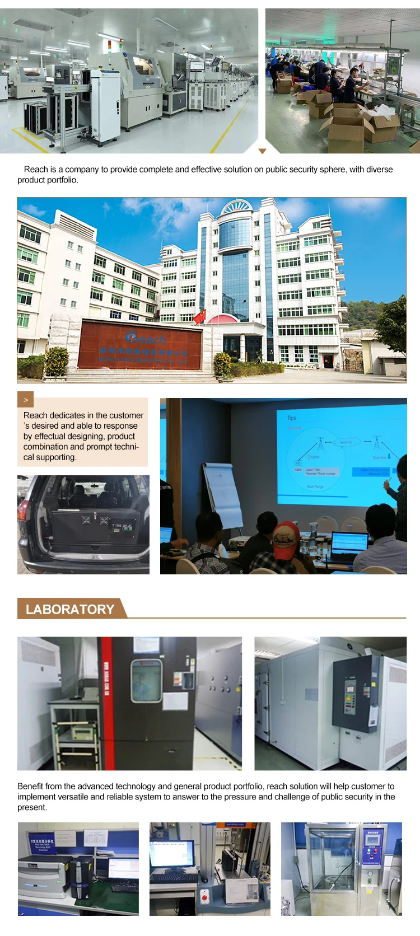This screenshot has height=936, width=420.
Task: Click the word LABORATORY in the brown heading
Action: click(x=70, y=609)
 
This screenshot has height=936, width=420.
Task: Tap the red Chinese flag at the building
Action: click(x=199, y=317)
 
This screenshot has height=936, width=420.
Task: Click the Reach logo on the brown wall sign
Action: click(x=145, y=338)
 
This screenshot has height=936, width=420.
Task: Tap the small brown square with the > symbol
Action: click(x=26, y=399)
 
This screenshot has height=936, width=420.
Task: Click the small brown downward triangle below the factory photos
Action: click(x=262, y=151)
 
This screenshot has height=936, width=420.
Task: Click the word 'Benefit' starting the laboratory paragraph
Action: click(x=31, y=786)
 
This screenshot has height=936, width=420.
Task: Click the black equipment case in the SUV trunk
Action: click(x=95, y=526)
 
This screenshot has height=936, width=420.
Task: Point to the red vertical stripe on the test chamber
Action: click(x=106, y=703)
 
